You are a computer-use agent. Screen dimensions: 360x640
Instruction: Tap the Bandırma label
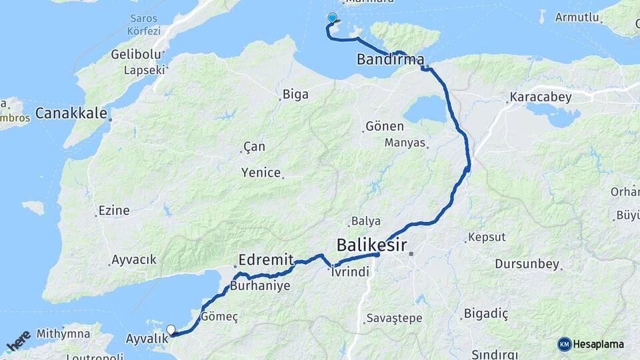[390, 59]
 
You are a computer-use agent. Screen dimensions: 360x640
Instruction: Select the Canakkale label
[71, 113]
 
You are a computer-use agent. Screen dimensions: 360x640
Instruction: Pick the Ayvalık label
[147, 338]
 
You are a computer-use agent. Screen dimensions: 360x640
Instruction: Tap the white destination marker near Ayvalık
[171, 329]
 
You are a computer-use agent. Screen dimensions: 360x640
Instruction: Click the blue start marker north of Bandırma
[332, 18]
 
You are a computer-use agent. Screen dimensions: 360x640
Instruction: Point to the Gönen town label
[385, 126]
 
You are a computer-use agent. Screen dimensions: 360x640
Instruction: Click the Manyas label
[405, 142]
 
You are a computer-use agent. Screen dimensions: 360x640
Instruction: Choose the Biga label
[295, 94]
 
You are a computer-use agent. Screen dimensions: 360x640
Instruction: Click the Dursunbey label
[527, 264]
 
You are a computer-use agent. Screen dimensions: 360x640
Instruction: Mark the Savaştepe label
[394, 318]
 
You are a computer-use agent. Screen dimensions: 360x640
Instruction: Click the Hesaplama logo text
[599, 344]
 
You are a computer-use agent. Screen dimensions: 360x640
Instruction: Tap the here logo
[17, 339]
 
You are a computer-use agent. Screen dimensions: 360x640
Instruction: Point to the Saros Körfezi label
[143, 25]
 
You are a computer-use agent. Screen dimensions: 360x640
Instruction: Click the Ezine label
[113, 211]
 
